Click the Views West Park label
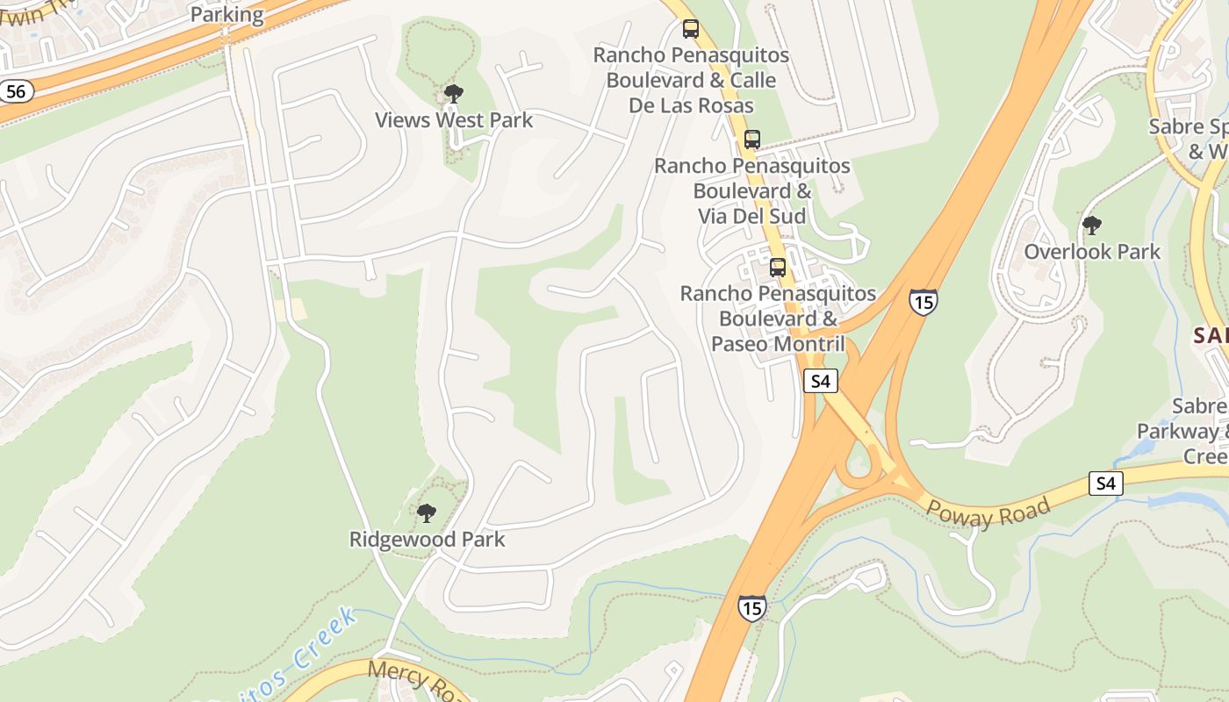(x=453, y=120)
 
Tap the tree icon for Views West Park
(x=453, y=93)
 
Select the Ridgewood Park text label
(x=427, y=539)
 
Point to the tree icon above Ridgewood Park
(x=427, y=512)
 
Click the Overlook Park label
(x=1092, y=252)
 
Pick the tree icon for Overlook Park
(x=1092, y=226)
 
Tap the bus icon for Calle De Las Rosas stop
(x=691, y=29)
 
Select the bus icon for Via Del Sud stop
(x=752, y=139)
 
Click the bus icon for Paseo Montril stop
(x=778, y=267)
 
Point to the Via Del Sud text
(x=752, y=215)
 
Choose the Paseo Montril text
(x=778, y=343)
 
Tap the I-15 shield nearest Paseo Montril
(x=923, y=301)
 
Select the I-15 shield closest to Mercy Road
(x=751, y=606)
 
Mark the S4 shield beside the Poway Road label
(x=1106, y=483)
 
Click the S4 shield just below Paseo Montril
(x=820, y=381)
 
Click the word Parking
(x=226, y=15)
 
